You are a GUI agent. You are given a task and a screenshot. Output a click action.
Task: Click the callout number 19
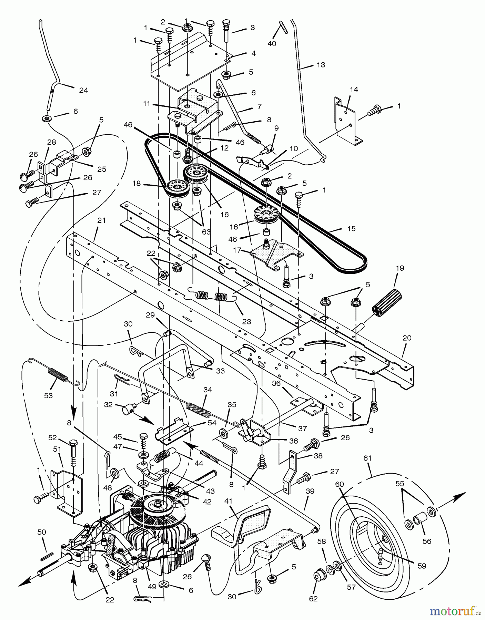coord(400,268)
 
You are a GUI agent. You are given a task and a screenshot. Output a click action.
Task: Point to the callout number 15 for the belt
coord(352,228)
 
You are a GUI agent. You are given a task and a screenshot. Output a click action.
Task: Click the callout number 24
coord(83,90)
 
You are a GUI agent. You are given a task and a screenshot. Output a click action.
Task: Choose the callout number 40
coord(272,44)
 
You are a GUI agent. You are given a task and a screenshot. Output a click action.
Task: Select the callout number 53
coord(48,395)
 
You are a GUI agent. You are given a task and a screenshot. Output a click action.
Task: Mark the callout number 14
coord(354,90)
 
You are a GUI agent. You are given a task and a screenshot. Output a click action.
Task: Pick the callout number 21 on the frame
coord(101,220)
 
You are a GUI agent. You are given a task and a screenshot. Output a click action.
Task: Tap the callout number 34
coord(208,390)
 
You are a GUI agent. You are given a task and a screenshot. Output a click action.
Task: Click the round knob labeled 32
coord(128,411)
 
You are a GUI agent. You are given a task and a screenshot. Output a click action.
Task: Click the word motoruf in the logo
coord(452,611)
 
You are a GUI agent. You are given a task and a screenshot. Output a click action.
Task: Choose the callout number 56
coord(427,541)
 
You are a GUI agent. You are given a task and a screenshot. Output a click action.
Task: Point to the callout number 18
coord(137,184)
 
